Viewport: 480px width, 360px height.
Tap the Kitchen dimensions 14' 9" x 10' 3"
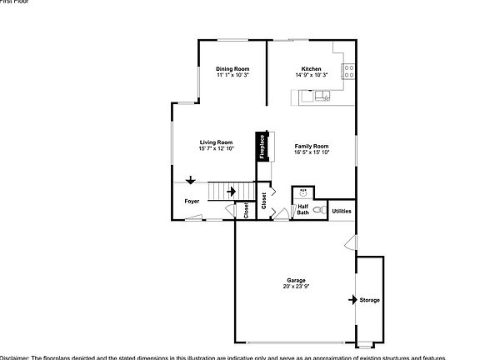312,75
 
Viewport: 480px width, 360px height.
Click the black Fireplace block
262,147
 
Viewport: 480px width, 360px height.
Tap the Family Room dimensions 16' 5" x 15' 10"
312,152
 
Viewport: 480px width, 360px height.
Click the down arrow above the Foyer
191,179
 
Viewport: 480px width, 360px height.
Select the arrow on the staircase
230,192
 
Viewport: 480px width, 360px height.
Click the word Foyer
192,201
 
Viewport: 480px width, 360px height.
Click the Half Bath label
303,209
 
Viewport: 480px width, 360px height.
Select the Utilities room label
342,211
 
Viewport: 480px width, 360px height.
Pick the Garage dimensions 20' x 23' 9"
296,286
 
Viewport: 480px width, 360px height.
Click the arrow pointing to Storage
352,298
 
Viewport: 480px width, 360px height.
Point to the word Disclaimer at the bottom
15,357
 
